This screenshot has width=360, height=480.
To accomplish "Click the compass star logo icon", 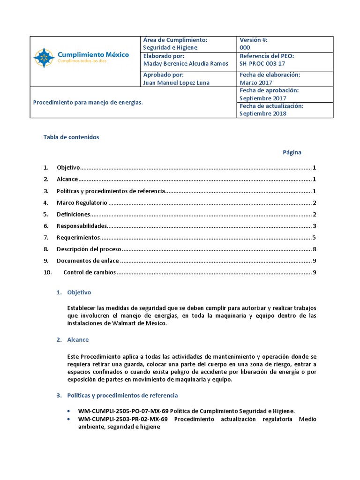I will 44,57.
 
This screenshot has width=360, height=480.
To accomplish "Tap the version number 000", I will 245,48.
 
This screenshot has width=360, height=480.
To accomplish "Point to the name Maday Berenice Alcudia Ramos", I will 186,63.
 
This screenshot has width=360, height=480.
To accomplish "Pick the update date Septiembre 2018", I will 262,113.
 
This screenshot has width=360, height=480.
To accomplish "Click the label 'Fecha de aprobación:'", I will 269,90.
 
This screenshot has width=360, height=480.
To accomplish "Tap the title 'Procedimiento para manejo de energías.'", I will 88,102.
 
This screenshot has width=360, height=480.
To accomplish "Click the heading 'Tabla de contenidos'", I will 71,137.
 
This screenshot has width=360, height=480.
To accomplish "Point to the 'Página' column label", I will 292,152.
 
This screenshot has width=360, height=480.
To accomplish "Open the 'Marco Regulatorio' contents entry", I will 82,203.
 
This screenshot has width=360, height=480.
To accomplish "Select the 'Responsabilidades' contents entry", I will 82,226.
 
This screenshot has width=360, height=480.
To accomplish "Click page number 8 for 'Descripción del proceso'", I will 314,249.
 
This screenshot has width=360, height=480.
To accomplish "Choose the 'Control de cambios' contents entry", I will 89,272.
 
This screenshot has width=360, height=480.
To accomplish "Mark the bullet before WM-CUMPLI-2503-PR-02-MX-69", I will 69,419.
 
